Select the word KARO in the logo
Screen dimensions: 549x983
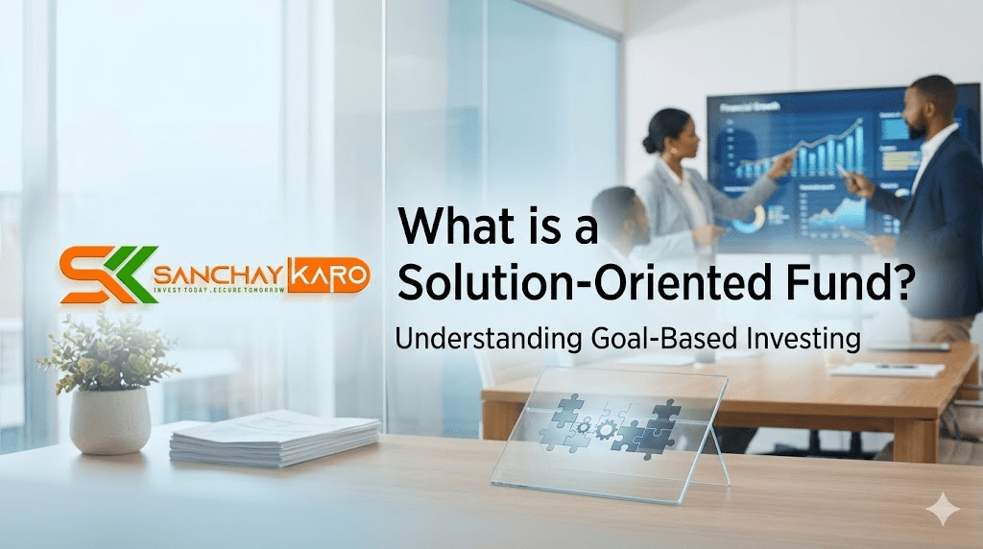327,274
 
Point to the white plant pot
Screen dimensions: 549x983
110,419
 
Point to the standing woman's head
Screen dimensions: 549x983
666,131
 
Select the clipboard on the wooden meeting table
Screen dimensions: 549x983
886,369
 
